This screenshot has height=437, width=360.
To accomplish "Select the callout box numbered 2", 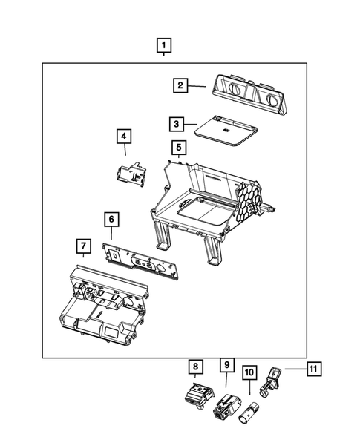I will click(x=180, y=85).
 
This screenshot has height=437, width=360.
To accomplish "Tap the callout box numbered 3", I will click(x=176, y=124).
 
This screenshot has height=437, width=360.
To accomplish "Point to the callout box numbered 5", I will click(x=177, y=147).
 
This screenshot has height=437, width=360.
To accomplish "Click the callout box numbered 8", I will click(x=194, y=366).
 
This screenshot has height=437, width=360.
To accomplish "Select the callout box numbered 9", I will click(x=226, y=365).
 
